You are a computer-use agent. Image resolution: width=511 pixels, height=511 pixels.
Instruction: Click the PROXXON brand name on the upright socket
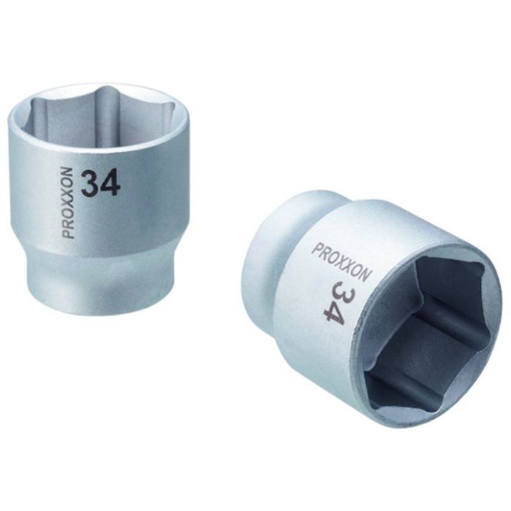[x=69, y=204]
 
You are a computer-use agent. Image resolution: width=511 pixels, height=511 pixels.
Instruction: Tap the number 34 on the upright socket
[x=101, y=185]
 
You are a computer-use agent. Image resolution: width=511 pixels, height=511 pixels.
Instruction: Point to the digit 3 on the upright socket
[x=91, y=185]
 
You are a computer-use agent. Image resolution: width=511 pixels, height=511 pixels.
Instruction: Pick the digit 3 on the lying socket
[x=339, y=291]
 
